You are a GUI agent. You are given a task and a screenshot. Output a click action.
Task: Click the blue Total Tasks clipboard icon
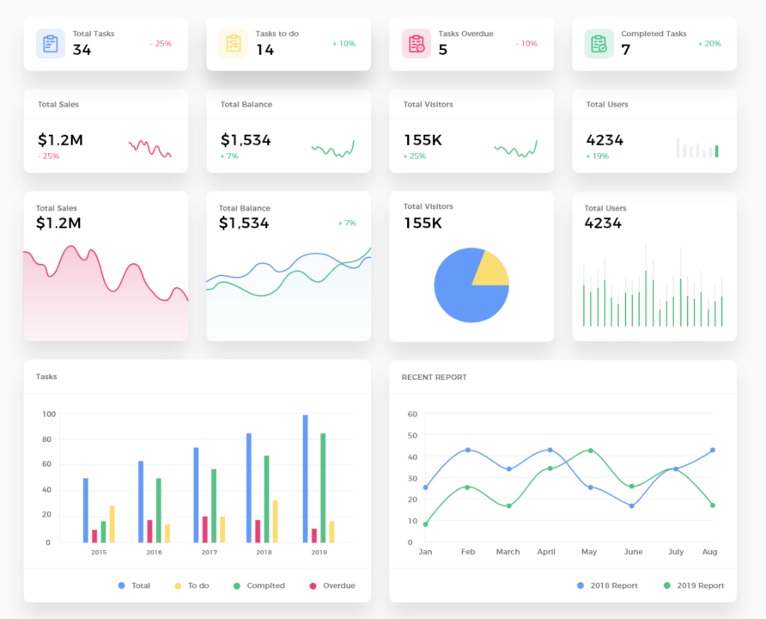tap(51, 43)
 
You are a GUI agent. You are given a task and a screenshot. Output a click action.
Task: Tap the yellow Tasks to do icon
tap(234, 43)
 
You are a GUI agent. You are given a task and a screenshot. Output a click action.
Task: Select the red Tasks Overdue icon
tap(416, 43)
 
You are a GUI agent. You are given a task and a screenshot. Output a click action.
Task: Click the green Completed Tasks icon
tap(599, 43)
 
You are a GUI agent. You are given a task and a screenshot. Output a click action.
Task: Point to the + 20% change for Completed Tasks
tap(709, 43)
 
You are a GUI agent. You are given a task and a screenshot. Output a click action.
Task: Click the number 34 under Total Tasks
tap(82, 50)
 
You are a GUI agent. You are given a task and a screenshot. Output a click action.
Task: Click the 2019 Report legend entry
tap(693, 585)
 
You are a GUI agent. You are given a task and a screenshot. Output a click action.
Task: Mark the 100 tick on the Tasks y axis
tap(48, 414)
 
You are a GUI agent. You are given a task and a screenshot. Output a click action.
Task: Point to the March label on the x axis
tap(508, 552)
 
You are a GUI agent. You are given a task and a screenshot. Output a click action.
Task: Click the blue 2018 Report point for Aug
tap(712, 450)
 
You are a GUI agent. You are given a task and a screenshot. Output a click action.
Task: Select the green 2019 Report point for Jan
tap(425, 524)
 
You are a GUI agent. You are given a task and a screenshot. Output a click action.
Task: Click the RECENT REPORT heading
tap(434, 377)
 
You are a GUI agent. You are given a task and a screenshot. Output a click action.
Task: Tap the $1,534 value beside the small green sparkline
tap(246, 140)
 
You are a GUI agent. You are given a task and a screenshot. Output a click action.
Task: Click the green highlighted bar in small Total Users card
tap(717, 151)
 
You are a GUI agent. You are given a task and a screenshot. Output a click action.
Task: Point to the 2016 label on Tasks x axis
tap(154, 552)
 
